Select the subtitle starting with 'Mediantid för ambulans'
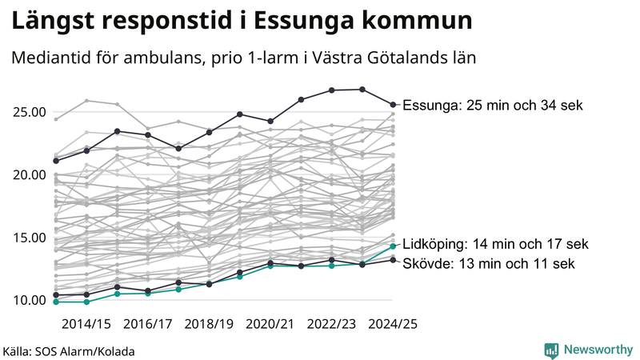coord(243,58)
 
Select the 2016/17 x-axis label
coord(148,324)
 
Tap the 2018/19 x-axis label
coord(209,324)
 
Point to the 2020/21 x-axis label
coord(270,324)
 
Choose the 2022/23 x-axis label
coord(332,324)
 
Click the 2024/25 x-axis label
coord(393,324)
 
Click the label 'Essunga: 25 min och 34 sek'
coord(493,106)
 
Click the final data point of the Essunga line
coord(393,104)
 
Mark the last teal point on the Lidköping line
coord(393,246)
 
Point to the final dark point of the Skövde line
coord(393,259)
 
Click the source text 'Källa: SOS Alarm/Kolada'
coord(69,351)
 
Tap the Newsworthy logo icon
coord(551,350)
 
